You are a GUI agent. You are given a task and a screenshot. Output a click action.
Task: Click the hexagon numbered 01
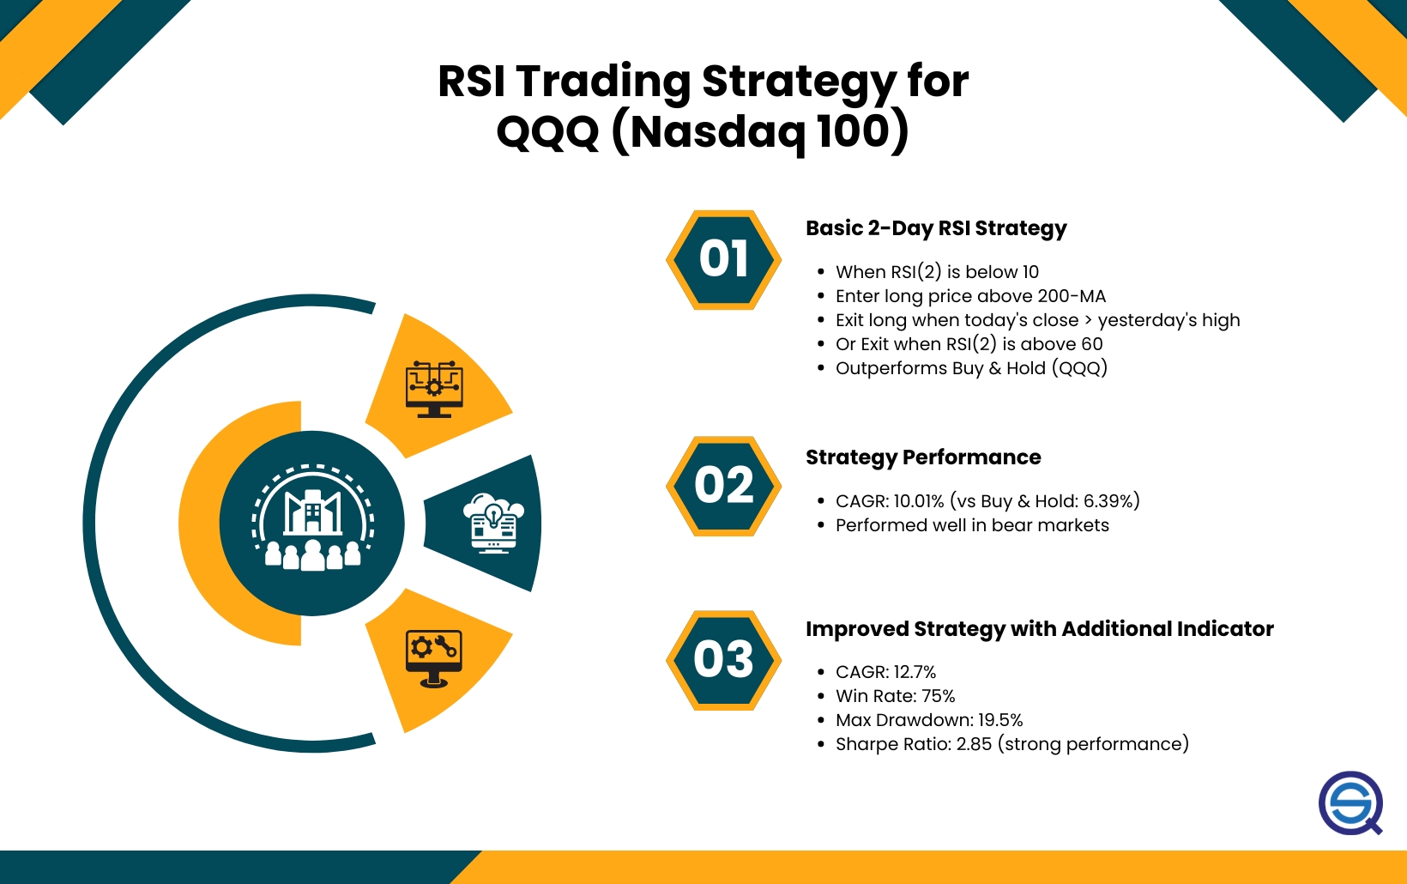(723, 260)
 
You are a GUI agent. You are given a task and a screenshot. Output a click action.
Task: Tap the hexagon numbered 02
(723, 486)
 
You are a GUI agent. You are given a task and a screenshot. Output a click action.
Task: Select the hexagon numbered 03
(723, 660)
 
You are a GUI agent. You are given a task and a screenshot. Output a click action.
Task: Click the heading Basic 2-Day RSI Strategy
(936, 228)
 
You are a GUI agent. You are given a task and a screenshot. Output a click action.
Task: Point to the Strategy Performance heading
(923, 457)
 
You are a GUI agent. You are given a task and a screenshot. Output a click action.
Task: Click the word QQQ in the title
(547, 132)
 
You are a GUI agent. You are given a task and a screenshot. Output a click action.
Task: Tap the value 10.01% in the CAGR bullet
(919, 501)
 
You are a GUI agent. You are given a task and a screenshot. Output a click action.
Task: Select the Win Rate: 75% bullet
(895, 696)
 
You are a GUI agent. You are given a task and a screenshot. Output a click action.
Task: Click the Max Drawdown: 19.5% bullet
(929, 720)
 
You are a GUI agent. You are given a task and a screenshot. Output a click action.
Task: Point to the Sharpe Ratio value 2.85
(974, 744)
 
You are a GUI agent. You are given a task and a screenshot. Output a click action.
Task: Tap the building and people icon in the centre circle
(312, 522)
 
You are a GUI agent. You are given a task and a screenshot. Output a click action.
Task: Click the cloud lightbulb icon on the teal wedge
(493, 523)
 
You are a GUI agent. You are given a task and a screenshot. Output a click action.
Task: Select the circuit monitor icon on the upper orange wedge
(434, 389)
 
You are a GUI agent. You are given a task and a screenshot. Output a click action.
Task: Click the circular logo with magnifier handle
(1350, 803)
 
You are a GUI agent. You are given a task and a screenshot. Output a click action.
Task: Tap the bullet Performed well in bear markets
(972, 525)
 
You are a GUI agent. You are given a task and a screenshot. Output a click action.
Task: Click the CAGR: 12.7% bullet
(885, 672)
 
